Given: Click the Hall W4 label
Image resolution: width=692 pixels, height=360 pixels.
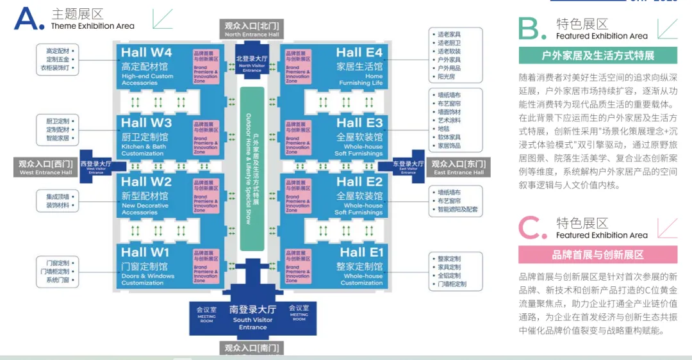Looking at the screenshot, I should (x=147, y=53).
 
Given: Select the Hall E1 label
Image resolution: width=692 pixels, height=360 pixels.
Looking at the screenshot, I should (x=361, y=252).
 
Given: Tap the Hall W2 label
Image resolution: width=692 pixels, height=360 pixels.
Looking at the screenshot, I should (x=147, y=183).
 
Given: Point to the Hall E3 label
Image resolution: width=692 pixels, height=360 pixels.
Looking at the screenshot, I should (x=359, y=123).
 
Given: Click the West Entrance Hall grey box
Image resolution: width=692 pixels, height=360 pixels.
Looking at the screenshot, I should (x=44, y=168).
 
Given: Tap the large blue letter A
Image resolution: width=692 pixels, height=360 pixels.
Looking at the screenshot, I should (x=29, y=19).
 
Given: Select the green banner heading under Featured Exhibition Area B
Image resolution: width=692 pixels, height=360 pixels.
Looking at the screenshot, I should (x=597, y=55).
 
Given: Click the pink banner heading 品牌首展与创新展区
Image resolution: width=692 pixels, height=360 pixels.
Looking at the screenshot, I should (x=597, y=255).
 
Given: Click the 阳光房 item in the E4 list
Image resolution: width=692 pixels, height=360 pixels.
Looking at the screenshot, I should (x=446, y=77).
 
